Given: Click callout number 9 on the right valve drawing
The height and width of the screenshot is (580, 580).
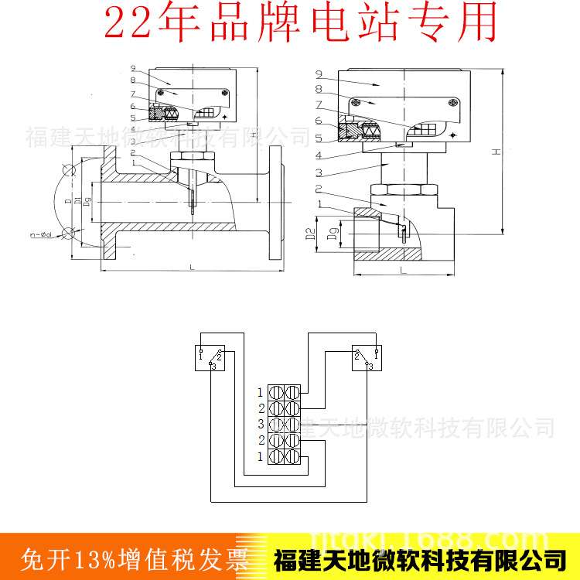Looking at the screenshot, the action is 319,74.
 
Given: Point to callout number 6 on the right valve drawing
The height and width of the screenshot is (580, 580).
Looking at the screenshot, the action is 319,120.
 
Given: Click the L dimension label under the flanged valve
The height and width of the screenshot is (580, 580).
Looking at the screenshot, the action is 190,267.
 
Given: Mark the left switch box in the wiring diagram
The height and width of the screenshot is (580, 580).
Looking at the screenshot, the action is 210,357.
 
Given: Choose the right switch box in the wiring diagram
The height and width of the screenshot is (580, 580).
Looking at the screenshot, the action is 366,357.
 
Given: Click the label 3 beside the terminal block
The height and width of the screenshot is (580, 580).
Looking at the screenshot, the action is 261,424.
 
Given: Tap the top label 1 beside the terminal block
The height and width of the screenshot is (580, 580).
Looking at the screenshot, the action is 261,393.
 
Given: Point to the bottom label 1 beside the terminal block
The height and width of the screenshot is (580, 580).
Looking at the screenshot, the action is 261,455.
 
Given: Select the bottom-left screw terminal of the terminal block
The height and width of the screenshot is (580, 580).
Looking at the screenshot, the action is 276,455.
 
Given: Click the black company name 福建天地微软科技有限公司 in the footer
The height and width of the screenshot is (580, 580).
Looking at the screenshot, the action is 421,557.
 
